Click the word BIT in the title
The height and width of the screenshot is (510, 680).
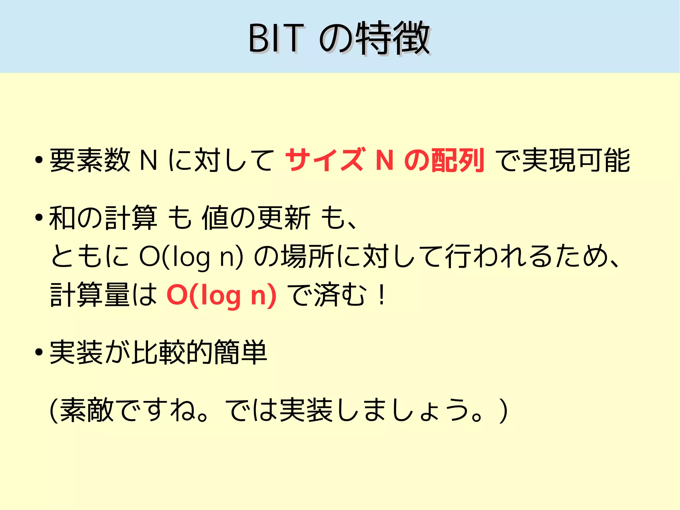276,39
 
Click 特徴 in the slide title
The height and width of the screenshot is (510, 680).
393,39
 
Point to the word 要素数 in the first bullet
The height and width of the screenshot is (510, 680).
90,160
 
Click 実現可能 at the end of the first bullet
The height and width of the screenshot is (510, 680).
576,160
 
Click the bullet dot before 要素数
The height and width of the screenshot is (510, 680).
39,160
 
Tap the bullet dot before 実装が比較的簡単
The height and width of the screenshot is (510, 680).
39,352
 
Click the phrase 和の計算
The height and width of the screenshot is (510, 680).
103,218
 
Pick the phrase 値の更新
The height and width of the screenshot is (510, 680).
256,218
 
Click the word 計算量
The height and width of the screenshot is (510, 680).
90,294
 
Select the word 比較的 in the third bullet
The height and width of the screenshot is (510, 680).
172,352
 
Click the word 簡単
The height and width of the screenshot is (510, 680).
240,352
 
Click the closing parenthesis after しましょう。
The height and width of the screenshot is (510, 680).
503,411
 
